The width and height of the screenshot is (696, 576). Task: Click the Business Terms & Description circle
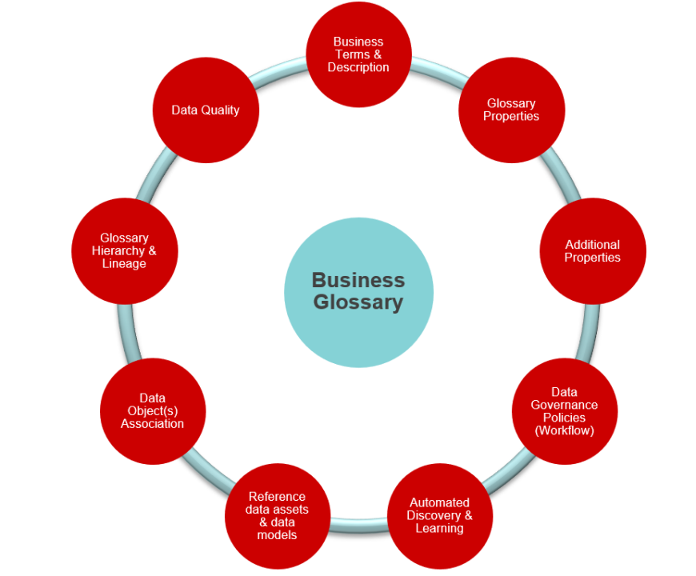358,54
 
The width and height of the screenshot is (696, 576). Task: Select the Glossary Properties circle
511,110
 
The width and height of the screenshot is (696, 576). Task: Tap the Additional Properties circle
593,251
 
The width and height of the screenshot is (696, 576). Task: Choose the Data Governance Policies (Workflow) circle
564,411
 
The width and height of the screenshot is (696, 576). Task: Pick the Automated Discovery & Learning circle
440,515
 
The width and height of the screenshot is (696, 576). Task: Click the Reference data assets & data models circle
278,516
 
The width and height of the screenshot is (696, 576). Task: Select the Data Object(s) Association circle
153,411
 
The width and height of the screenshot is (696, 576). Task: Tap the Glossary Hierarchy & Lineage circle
124,251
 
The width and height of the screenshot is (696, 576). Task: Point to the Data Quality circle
206,110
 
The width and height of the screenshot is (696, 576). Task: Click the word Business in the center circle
358,281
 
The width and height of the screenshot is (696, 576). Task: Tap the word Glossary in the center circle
358,302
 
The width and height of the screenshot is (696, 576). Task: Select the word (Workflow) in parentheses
564,430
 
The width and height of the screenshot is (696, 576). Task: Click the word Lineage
124,264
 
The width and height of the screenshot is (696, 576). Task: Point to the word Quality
220,110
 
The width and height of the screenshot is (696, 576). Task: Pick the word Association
153,424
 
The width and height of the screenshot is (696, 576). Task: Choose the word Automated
440,502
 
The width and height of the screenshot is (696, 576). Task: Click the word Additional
593,245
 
